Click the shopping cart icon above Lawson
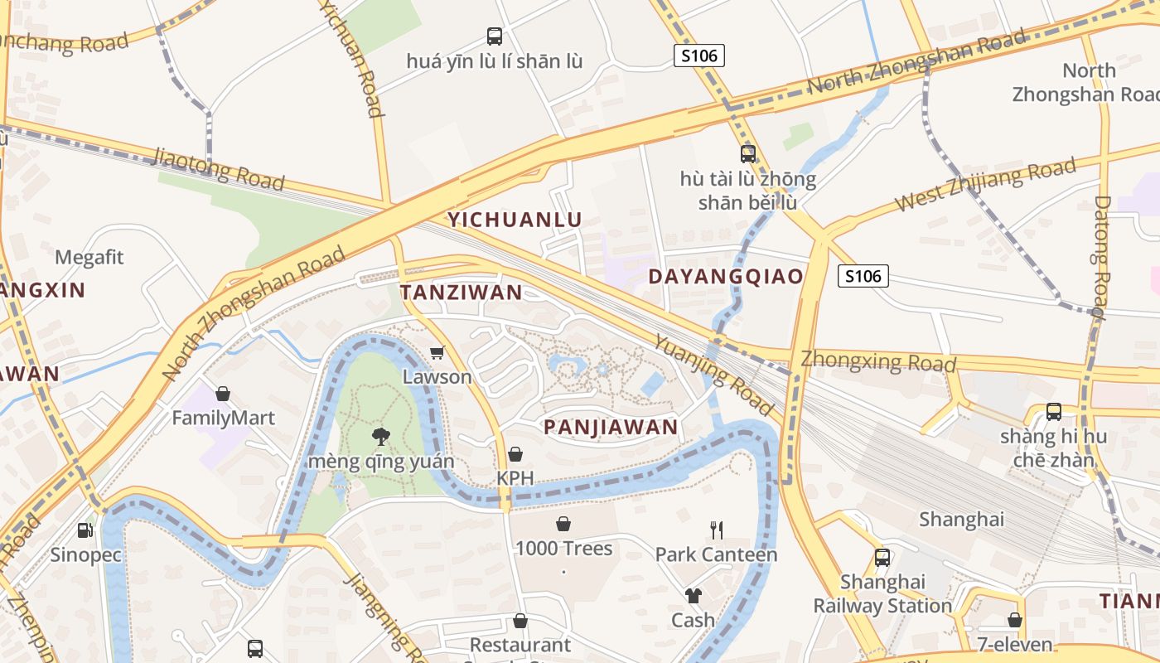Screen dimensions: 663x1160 [x=437, y=353]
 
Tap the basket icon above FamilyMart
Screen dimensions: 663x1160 [x=222, y=393]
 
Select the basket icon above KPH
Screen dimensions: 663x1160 [x=515, y=454]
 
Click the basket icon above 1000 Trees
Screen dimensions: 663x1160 [x=563, y=524]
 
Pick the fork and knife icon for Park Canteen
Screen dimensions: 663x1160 [x=717, y=530]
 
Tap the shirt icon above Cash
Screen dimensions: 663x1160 [x=693, y=595]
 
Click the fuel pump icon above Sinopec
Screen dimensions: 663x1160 [x=85, y=530]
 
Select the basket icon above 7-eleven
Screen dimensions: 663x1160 [x=1015, y=620]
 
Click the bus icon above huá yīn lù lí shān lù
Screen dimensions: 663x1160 [x=495, y=36]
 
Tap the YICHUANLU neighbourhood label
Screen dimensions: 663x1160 [x=515, y=220]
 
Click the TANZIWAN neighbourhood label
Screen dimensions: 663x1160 [x=462, y=292]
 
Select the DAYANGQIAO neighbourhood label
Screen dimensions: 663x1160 [x=726, y=276]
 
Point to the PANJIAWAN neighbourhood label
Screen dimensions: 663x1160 [x=611, y=427]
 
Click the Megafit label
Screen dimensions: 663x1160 [x=89, y=257]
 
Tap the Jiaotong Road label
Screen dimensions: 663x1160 [x=219, y=168]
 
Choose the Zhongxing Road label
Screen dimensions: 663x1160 [x=878, y=362]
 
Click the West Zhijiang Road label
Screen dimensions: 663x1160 [x=986, y=184]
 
